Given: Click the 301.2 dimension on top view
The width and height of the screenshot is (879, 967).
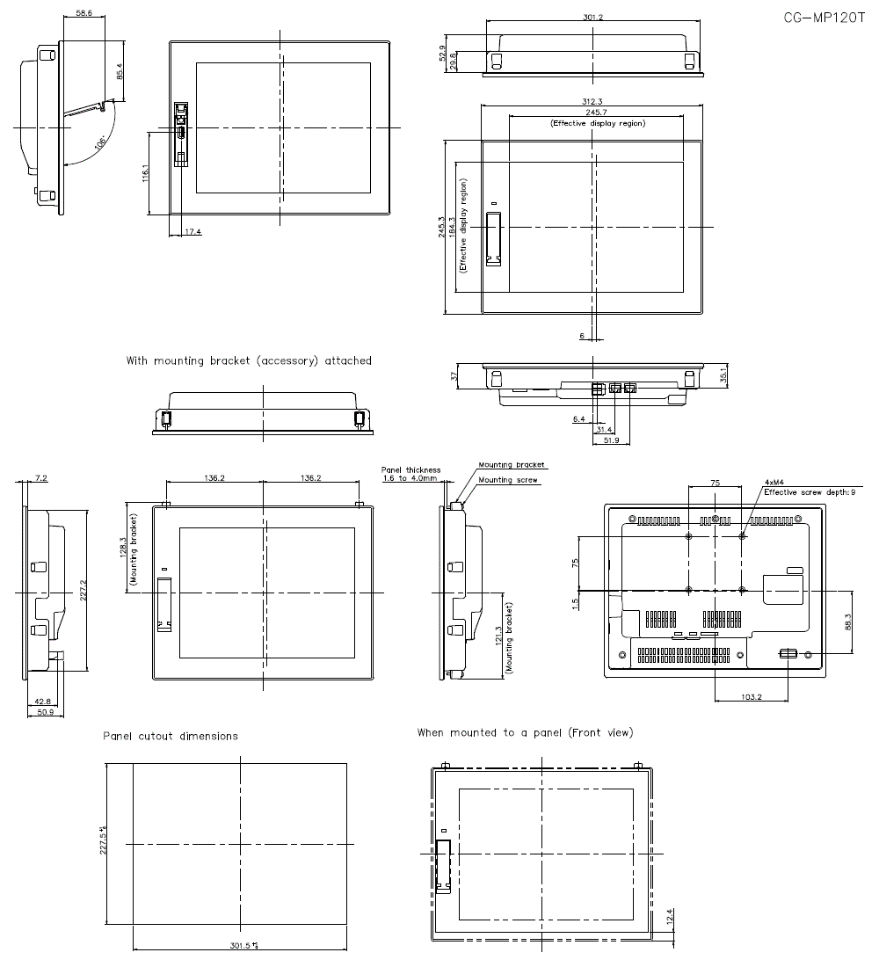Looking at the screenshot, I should tap(592, 17).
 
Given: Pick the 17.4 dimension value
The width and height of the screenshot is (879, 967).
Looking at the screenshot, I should tap(193, 232).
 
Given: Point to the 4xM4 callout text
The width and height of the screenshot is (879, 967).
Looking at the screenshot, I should tap(774, 483).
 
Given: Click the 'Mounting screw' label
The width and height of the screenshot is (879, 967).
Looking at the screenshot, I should tap(508, 480).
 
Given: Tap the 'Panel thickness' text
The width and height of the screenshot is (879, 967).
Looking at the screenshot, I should tap(410, 470).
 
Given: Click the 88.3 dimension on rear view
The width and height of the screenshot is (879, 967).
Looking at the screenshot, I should tap(846, 621).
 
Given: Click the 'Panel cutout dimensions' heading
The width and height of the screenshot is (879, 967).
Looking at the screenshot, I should tap(170, 736).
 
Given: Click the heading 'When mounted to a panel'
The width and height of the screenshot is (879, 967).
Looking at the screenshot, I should tap(525, 732).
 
